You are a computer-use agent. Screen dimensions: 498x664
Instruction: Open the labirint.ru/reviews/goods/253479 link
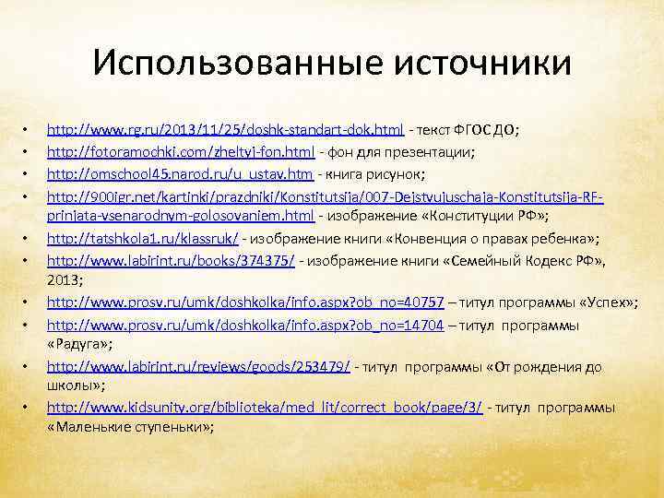198,366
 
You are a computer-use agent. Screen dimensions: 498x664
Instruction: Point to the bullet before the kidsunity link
29,408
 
